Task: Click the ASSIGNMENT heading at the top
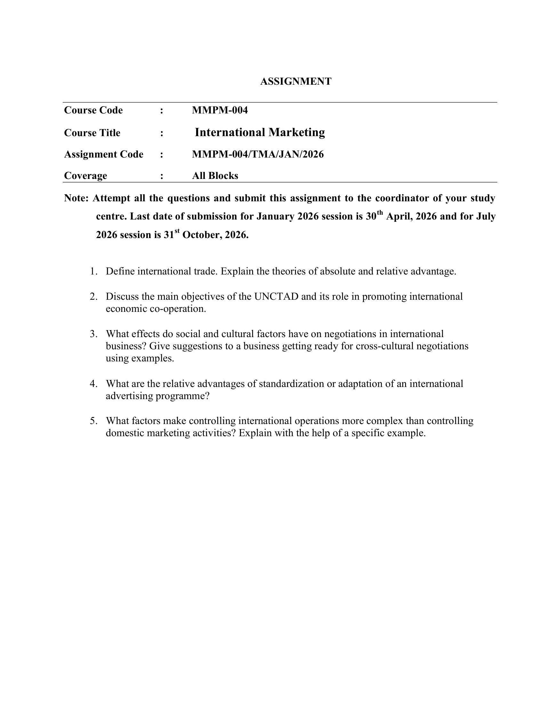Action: (x=296, y=81)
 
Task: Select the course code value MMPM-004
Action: (x=220, y=110)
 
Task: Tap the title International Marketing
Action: (x=260, y=132)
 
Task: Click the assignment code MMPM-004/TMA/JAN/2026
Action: (x=258, y=154)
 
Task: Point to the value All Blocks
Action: (x=215, y=175)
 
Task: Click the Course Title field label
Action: (x=92, y=133)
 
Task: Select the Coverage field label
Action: (x=85, y=175)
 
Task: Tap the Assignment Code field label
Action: (x=103, y=154)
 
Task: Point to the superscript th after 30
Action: (x=380, y=213)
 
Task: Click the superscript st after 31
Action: (x=177, y=231)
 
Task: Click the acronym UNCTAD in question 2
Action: (x=276, y=297)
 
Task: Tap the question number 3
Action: (x=93, y=334)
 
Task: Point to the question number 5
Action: (x=93, y=421)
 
